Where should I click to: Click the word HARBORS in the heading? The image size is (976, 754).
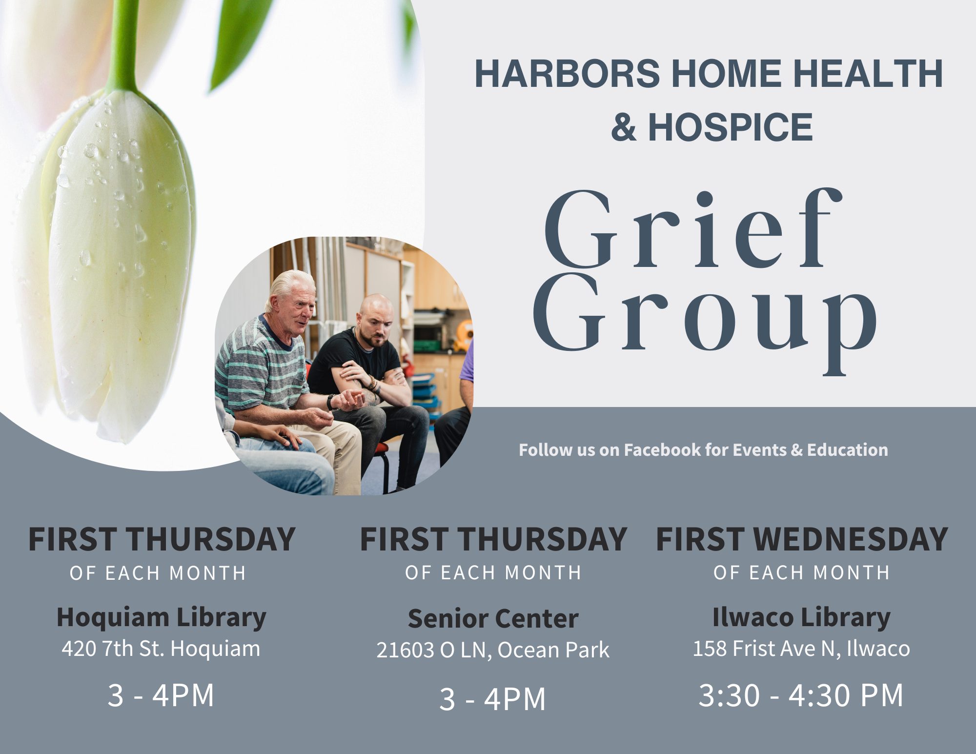point(568,74)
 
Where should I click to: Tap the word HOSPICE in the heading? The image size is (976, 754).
point(731,127)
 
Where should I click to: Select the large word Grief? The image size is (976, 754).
point(693,229)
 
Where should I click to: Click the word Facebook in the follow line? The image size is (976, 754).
point(663,449)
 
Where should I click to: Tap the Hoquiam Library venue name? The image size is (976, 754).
point(162,618)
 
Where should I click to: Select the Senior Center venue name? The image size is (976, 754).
point(493,619)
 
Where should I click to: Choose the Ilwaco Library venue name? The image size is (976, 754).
point(801,618)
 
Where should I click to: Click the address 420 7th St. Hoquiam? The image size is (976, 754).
point(161,649)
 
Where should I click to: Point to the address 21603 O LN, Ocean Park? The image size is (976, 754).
point(493,650)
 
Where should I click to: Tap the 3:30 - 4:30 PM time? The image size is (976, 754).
point(801,695)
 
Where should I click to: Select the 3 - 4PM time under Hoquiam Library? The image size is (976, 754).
point(161,695)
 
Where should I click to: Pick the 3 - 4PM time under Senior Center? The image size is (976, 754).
point(492,699)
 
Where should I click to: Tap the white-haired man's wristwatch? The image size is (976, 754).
point(332,402)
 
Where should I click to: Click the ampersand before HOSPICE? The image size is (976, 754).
point(624,127)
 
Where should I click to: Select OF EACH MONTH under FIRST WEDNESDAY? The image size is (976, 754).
point(802,572)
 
